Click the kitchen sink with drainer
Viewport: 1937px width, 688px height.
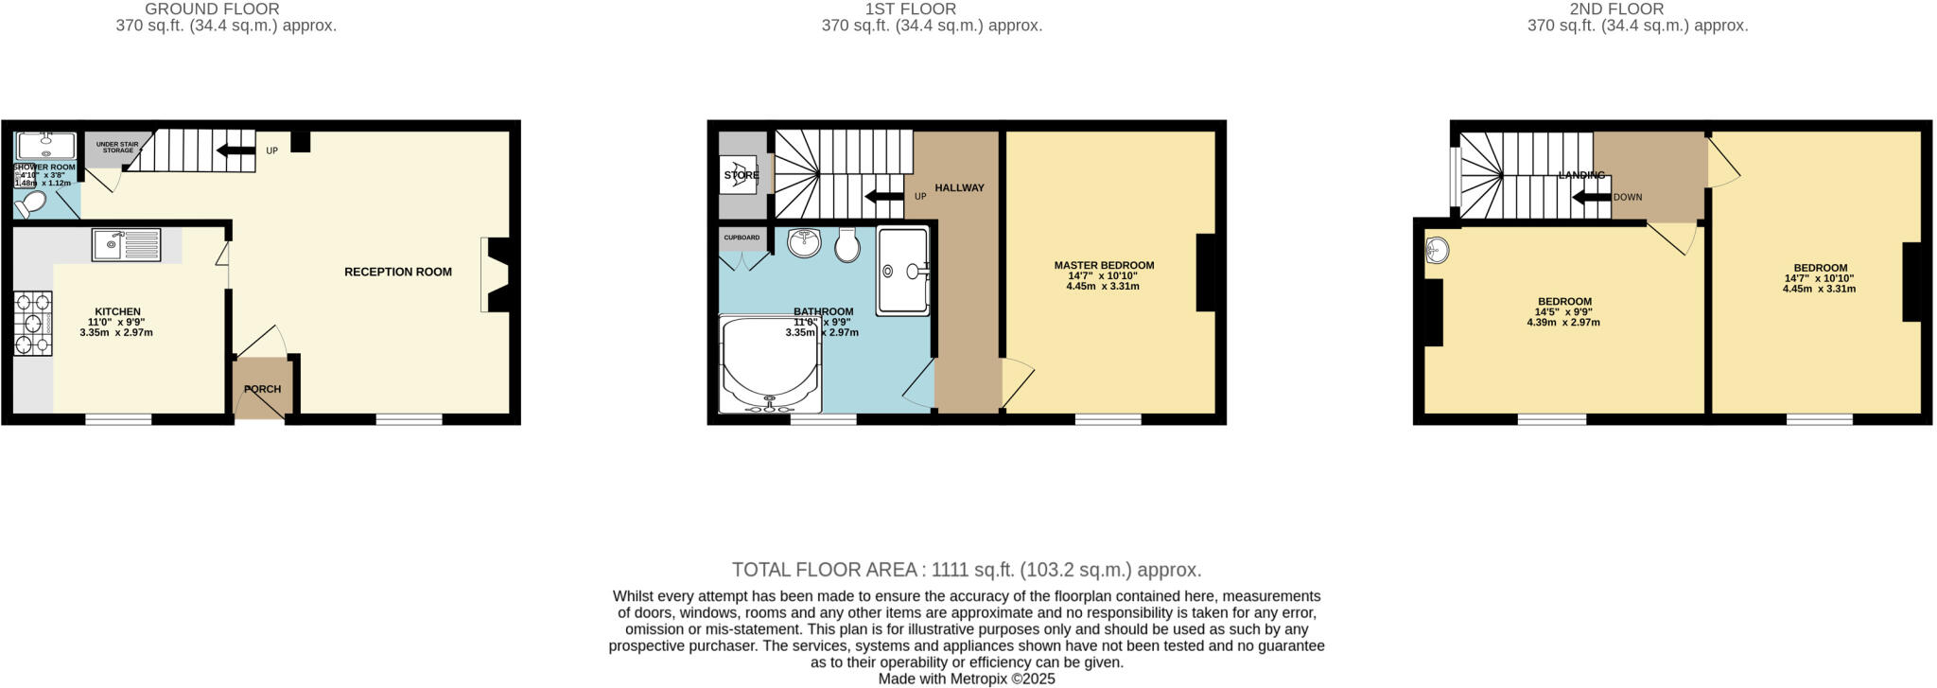click(x=127, y=244)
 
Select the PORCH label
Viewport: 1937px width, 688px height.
click(x=262, y=389)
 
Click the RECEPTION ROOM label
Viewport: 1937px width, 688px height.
click(x=397, y=272)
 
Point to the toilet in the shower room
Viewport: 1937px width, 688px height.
click(x=32, y=203)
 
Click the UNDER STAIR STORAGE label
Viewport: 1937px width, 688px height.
click(x=116, y=148)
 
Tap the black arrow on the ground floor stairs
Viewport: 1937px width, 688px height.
click(x=235, y=150)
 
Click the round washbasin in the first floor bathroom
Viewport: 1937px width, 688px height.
click(x=805, y=242)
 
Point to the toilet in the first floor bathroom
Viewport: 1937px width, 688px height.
click(x=846, y=244)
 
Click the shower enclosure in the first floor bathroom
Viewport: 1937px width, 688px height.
click(x=903, y=271)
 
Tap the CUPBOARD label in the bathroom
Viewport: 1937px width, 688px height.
click(x=742, y=238)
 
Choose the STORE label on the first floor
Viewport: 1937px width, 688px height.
click(x=742, y=175)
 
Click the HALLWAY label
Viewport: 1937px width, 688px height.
click(x=959, y=187)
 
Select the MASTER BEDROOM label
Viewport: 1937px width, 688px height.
click(x=1104, y=265)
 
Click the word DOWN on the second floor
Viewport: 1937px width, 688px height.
click(x=1628, y=198)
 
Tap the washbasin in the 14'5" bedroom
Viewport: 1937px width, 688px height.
click(x=1437, y=251)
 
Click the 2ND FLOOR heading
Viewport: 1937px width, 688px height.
click(x=1637, y=9)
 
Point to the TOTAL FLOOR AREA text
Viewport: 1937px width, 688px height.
click(x=966, y=570)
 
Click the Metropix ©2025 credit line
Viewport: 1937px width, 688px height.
click(x=966, y=679)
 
